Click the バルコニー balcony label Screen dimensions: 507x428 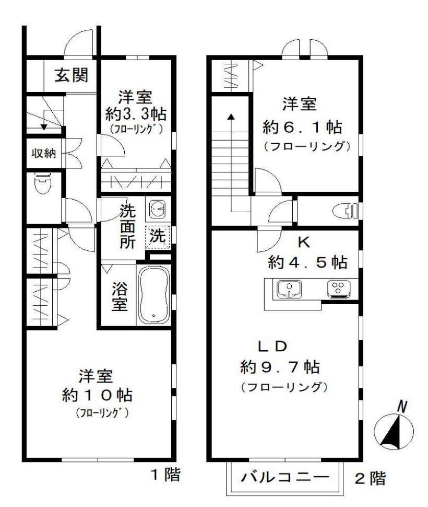[x=285, y=477]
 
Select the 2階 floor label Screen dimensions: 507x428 [x=371, y=477]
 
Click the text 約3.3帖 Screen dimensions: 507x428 [x=134, y=113]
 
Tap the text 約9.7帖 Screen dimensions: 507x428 [x=280, y=366]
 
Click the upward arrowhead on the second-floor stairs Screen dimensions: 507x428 [x=230, y=116]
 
